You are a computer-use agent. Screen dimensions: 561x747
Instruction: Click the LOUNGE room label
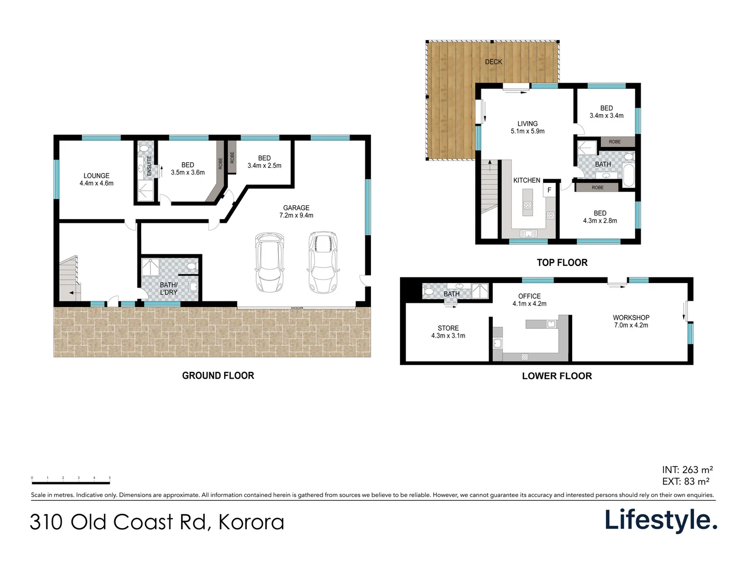[96, 179]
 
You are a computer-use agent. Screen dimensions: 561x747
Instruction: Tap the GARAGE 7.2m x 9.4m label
[296, 211]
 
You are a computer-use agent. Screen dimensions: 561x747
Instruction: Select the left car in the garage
[269, 262]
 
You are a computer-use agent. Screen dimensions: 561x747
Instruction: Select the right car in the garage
[323, 262]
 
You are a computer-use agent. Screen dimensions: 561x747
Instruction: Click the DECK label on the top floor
[493, 62]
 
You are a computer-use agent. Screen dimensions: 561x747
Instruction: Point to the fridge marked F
[549, 190]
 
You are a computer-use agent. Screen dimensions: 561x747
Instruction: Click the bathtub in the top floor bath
[628, 176]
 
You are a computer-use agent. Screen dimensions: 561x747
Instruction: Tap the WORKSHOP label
[631, 321]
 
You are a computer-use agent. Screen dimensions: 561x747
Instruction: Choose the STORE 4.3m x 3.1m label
[448, 332]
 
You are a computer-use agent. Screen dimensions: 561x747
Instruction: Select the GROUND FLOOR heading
[218, 376]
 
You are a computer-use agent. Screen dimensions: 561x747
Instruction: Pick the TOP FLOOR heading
[562, 263]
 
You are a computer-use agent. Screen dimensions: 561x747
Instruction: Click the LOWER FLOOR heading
[557, 376]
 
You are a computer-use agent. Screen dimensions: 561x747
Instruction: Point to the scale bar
[71, 483]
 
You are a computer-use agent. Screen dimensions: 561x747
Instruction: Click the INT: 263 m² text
[687, 470]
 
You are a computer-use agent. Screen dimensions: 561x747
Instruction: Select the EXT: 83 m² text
[686, 482]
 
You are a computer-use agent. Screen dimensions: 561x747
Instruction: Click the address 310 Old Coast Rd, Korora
[157, 522]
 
